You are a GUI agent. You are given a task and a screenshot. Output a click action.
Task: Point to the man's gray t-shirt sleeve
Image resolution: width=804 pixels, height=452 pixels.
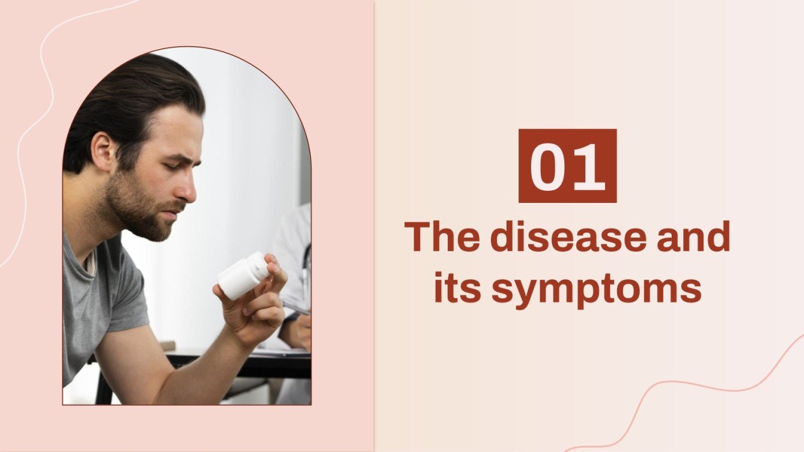point(123,294)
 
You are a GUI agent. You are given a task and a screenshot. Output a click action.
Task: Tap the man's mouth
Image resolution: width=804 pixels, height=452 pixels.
point(175,210)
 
